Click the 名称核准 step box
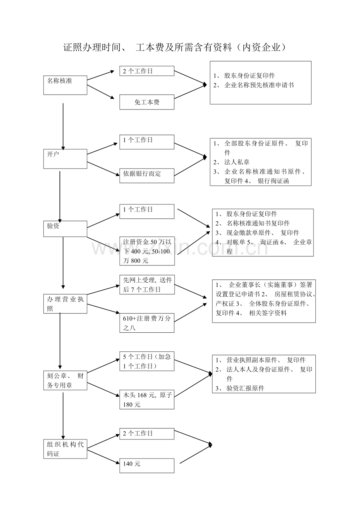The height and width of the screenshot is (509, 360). (x=65, y=84)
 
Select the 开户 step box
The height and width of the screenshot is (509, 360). (x=65, y=158)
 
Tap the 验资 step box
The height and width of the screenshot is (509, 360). (x=65, y=229)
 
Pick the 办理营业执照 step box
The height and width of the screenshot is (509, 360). (x=65, y=304)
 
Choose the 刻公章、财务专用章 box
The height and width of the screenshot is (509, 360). (x=65, y=380)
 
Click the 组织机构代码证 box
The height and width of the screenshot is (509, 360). (x=65, y=449)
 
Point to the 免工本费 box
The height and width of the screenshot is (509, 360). (x=147, y=102)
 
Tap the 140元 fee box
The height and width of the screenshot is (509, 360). (x=147, y=465)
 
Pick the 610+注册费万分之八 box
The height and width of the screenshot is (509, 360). (x=147, y=323)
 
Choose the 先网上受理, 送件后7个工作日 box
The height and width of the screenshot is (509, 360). (x=147, y=285)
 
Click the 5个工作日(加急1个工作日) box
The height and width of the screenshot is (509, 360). (x=147, y=361)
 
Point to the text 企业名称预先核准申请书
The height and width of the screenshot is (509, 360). (x=259, y=85)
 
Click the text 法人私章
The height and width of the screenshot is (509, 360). (x=237, y=162)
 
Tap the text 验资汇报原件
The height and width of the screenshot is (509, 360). (x=245, y=388)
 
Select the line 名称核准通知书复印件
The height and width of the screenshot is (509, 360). (x=258, y=223)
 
